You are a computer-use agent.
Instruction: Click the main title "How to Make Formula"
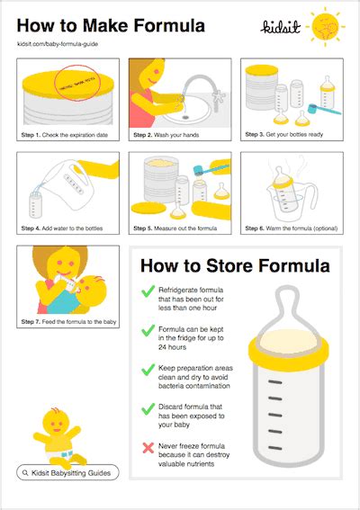110,23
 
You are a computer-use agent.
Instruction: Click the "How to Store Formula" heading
234,265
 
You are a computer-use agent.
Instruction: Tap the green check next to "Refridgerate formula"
148,291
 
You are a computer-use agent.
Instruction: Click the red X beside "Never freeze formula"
148,446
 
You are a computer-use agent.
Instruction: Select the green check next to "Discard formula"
148,407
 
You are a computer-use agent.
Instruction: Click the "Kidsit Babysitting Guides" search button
67,472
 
